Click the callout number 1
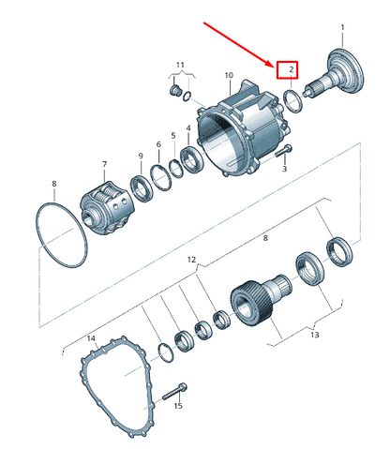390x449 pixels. click(x=342, y=27)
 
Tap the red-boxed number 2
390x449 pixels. click(x=292, y=69)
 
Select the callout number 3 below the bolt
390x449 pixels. click(x=284, y=169)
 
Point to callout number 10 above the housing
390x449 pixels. click(x=229, y=75)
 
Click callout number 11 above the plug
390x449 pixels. click(x=180, y=65)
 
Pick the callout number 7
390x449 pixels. click(x=104, y=164)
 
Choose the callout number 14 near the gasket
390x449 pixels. click(x=91, y=338)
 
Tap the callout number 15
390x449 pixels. click(x=178, y=406)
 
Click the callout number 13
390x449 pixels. click(x=315, y=335)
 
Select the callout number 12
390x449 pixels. click(x=191, y=260)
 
